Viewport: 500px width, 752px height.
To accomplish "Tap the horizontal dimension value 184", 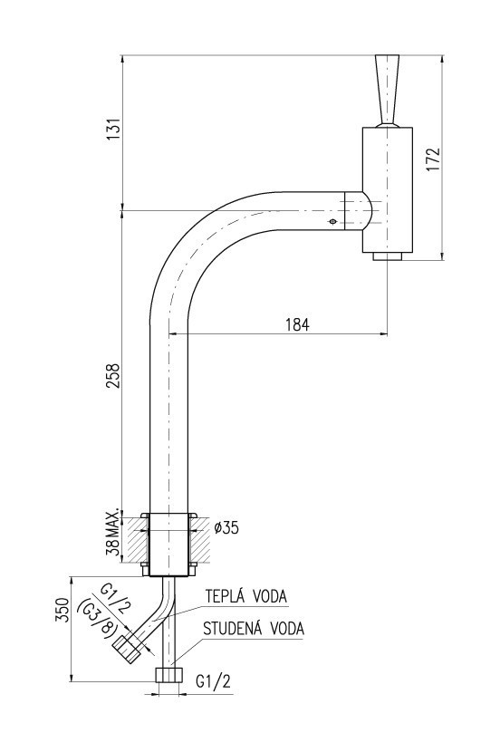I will point(296,324).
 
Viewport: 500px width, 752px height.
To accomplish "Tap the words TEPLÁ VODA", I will point(245,596).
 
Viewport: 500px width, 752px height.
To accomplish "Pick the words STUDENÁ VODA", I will point(254,628).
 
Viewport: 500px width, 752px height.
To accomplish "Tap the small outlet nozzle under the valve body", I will point(387,257).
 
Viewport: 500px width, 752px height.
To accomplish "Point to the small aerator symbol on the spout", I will point(332,221).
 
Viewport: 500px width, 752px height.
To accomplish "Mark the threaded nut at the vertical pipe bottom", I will point(169,675).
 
